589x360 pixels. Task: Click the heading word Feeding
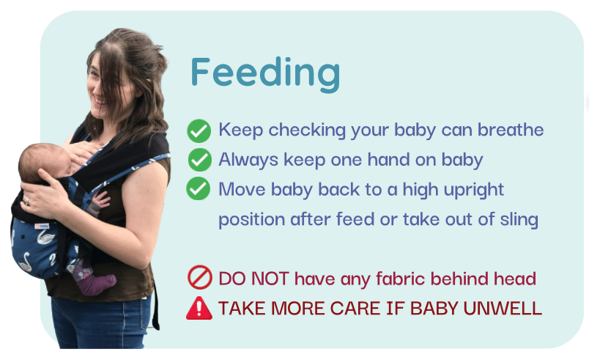[265, 73]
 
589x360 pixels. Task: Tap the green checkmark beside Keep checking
[199, 131]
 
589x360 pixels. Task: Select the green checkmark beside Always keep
[199, 160]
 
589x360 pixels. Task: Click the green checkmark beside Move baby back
[198, 188]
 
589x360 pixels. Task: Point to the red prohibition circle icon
[200, 277]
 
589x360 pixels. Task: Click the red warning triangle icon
[199, 308]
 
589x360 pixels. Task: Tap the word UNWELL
[503, 309]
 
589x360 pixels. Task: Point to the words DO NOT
[254, 279]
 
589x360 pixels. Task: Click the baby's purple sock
[96, 284]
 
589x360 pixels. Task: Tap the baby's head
[42, 161]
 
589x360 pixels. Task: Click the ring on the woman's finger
[27, 202]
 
